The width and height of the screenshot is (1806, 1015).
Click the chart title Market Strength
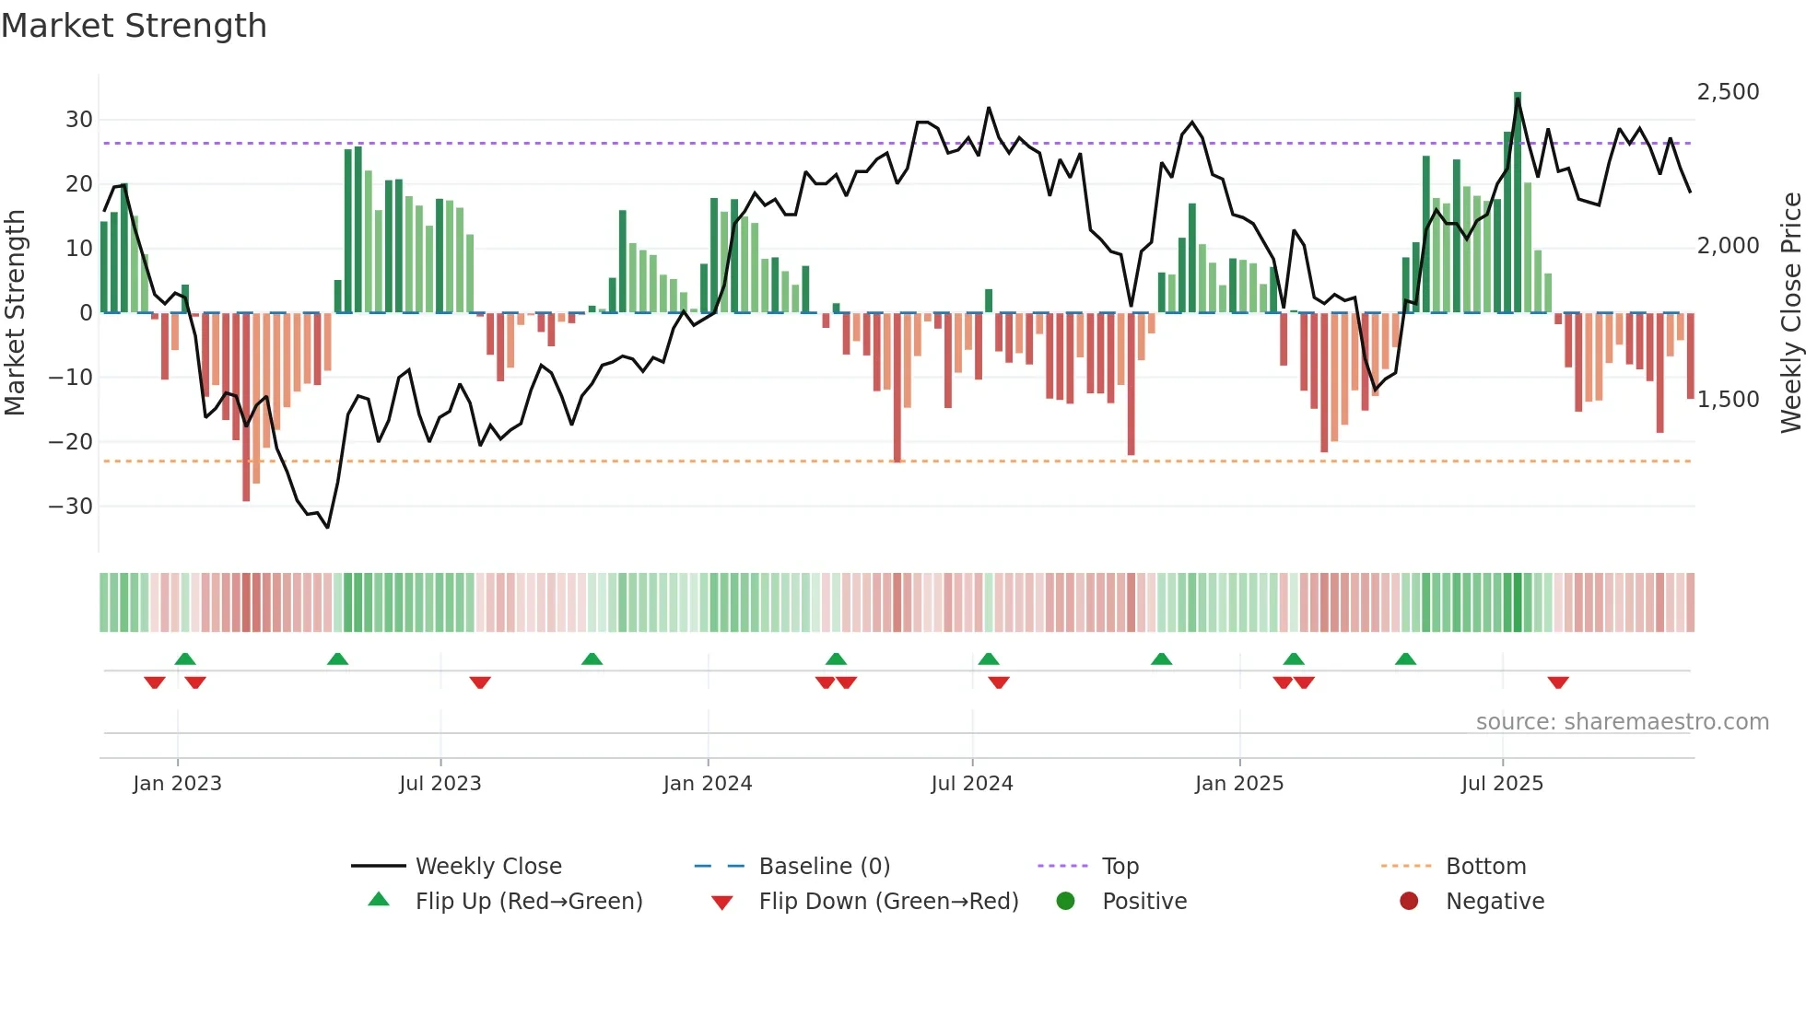point(134,26)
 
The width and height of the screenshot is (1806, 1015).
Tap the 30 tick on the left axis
point(79,120)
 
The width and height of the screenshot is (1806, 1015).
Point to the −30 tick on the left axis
point(71,507)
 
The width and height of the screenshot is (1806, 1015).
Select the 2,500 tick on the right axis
point(1728,92)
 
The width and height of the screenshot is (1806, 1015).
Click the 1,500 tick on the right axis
point(1728,400)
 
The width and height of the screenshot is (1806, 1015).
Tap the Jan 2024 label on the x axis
point(707,784)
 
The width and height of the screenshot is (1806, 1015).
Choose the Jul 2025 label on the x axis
point(1501,784)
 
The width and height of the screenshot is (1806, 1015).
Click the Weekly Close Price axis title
point(1790,313)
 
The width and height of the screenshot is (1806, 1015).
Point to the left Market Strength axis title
point(15,313)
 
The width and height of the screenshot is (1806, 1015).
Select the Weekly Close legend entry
point(487,867)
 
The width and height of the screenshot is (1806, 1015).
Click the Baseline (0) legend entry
point(824,867)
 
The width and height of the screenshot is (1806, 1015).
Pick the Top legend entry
point(1120,867)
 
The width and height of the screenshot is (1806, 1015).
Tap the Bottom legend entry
point(1485,867)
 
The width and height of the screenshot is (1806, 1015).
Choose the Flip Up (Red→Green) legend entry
point(528,902)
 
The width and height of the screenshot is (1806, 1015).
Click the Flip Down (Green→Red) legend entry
point(887,902)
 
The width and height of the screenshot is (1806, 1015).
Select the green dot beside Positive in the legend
point(1065,902)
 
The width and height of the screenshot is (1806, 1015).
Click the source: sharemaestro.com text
point(1622,722)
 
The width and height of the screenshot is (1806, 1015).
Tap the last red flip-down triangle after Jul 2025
point(1557,682)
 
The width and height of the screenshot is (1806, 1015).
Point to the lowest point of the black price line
point(327,527)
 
